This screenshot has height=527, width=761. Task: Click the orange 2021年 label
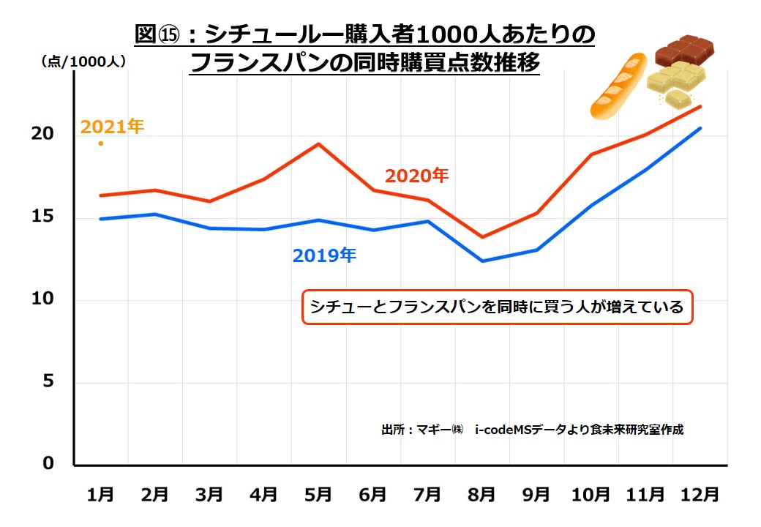[x=112, y=127]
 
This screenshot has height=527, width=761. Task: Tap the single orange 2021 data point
[x=101, y=143]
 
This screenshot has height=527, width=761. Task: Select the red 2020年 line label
[x=416, y=176]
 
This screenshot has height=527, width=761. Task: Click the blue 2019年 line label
[x=324, y=255]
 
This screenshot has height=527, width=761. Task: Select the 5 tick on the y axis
[x=48, y=382]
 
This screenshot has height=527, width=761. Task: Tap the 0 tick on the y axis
[x=48, y=464]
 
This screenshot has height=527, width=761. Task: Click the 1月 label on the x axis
[x=100, y=495]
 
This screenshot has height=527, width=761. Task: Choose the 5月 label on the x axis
[x=318, y=495]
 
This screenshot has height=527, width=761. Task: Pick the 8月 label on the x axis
[x=481, y=495]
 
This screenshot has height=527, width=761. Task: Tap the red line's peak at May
[x=318, y=143]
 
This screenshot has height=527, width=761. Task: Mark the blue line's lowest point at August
[x=482, y=261]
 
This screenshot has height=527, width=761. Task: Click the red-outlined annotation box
[x=497, y=307]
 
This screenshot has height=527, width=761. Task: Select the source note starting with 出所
[x=532, y=429]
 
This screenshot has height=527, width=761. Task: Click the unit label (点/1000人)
[x=83, y=61]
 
